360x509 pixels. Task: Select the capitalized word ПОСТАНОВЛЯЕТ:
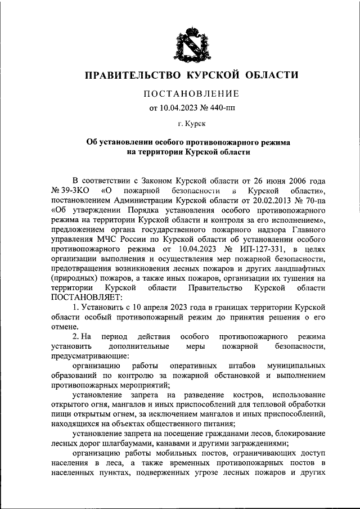(x=85, y=297)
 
